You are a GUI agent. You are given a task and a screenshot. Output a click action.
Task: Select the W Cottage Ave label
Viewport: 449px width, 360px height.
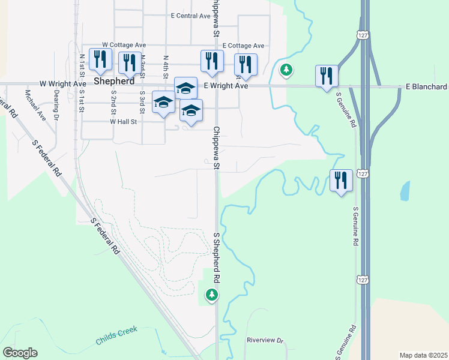(x=124, y=45)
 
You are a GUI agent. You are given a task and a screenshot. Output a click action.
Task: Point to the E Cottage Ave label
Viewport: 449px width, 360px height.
(x=243, y=46)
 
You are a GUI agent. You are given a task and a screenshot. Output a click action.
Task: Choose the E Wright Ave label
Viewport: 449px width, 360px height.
(x=226, y=86)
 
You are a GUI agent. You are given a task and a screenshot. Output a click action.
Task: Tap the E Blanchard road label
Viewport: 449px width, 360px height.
(x=426, y=87)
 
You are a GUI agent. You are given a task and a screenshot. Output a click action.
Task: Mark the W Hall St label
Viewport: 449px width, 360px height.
(x=124, y=121)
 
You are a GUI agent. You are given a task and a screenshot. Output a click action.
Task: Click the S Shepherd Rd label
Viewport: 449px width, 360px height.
(x=217, y=258)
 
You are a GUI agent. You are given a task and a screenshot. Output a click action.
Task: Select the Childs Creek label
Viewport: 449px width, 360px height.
(x=117, y=335)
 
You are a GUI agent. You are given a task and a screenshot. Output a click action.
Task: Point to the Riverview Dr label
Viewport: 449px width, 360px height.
(x=264, y=340)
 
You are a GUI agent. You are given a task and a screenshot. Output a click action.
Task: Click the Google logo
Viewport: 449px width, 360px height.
(x=20, y=353)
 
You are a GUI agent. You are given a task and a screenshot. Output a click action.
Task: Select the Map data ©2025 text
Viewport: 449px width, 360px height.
(x=424, y=355)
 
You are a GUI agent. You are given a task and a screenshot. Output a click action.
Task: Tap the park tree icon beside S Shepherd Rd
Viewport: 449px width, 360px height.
(x=211, y=295)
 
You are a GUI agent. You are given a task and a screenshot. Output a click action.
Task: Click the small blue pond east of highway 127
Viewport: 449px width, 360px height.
(x=405, y=191)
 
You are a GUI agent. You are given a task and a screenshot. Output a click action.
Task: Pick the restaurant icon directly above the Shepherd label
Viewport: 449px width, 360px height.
(x=99, y=59)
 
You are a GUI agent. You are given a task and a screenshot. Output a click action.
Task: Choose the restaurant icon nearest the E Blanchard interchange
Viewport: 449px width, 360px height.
(x=326, y=76)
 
